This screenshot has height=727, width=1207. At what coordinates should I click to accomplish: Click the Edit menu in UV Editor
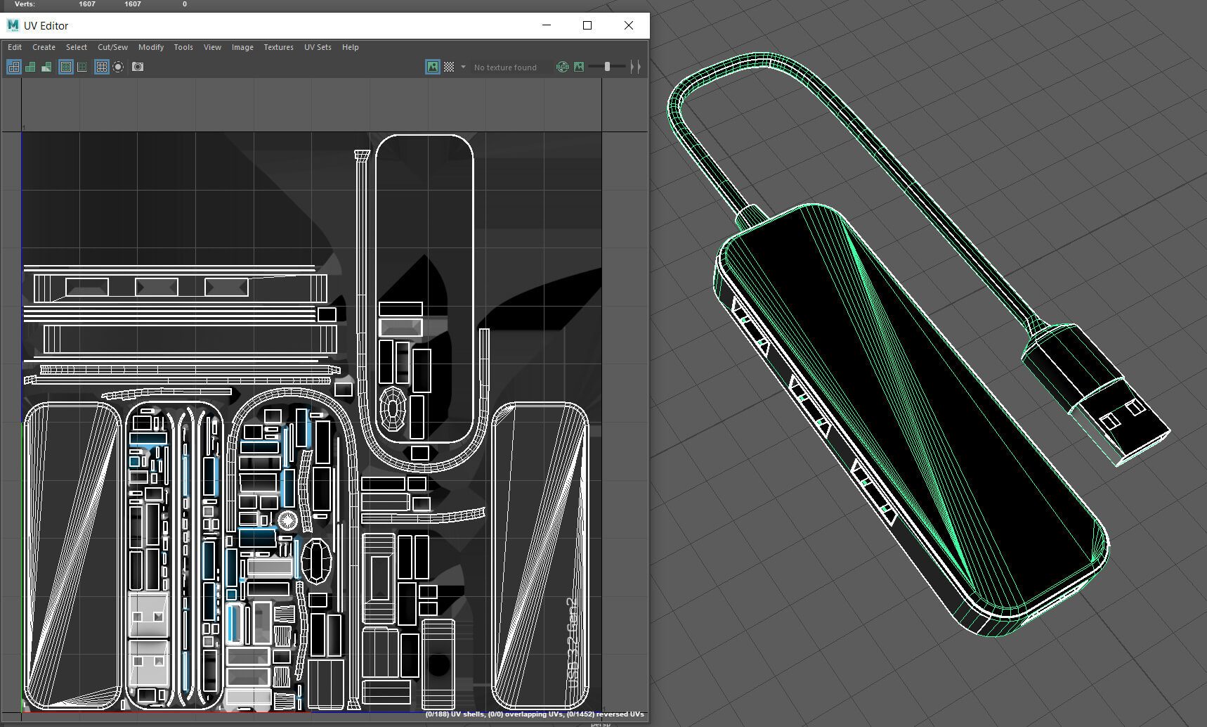[15, 47]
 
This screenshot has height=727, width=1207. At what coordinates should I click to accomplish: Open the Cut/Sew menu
[112, 47]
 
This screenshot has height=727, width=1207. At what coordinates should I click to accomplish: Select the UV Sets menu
[318, 47]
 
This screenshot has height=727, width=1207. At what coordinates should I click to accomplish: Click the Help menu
[350, 47]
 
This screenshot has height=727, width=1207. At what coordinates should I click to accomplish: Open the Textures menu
[278, 47]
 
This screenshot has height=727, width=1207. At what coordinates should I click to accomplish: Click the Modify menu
[150, 47]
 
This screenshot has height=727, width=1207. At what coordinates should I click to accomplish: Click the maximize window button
[587, 25]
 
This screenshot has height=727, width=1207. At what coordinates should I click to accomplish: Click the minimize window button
[547, 25]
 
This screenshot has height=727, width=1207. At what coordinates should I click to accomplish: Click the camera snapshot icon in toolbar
[138, 67]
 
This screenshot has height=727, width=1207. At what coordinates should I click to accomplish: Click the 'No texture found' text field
[505, 67]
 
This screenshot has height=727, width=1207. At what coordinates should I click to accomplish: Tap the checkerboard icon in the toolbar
[449, 67]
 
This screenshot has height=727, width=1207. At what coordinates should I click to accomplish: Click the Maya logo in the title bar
[13, 25]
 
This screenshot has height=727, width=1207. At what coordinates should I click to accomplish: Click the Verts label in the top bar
[25, 4]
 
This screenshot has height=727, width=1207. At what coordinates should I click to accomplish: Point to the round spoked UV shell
[287, 520]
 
